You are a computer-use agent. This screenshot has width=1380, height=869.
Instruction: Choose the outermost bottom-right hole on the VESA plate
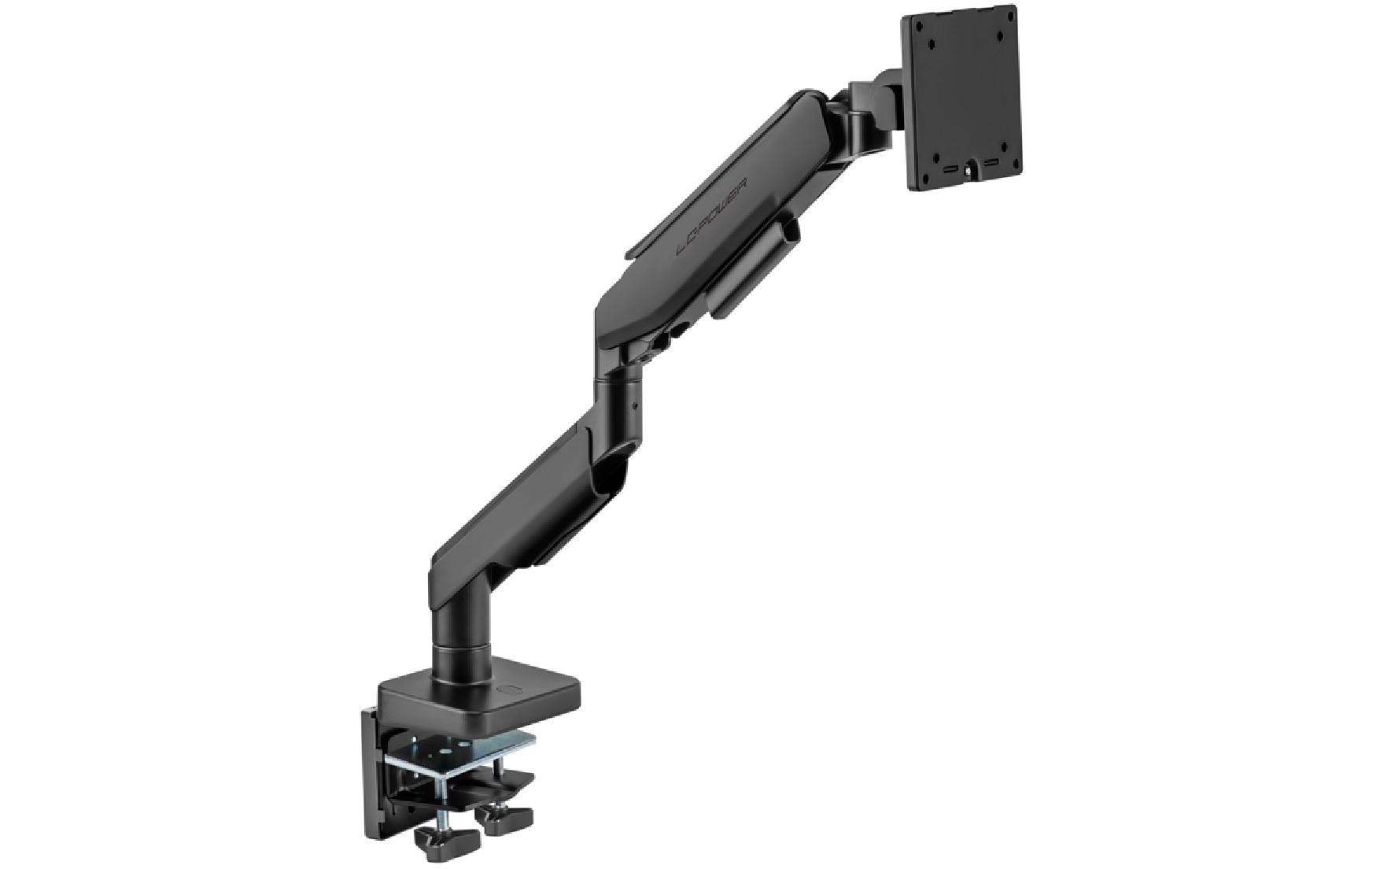click(x=1017, y=162)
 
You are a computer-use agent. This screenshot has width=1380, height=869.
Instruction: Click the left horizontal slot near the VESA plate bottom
click(x=951, y=169)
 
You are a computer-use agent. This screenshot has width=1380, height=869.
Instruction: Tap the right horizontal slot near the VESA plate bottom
click(x=991, y=163)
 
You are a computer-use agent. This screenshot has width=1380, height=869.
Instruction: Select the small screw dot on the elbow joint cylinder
click(x=635, y=407)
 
